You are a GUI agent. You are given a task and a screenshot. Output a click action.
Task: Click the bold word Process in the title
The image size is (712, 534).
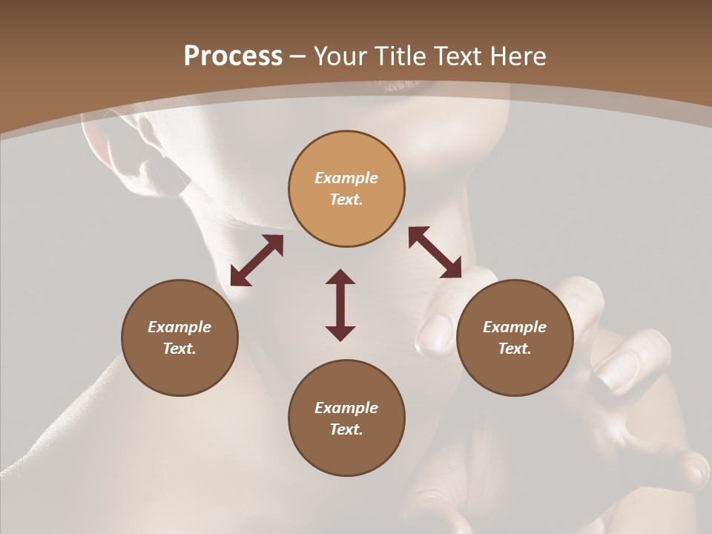(x=233, y=56)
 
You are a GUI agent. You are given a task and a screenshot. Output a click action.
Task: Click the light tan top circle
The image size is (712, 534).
(x=346, y=188)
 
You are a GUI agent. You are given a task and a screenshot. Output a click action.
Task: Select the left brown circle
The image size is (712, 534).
(x=179, y=337)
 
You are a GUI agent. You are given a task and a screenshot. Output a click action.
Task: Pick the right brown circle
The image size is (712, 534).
(x=515, y=337)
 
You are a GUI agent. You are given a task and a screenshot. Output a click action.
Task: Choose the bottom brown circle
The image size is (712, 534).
(x=346, y=418)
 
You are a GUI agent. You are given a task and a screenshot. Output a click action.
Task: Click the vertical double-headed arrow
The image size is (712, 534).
(x=340, y=305)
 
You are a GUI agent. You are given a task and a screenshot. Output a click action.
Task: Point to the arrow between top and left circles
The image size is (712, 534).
(x=257, y=260)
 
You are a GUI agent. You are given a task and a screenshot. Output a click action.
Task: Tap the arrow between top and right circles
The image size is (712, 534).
(x=435, y=252)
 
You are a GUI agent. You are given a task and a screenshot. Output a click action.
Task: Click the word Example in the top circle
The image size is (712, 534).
(x=346, y=178)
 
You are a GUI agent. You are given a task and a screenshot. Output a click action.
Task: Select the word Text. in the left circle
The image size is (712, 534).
(x=179, y=349)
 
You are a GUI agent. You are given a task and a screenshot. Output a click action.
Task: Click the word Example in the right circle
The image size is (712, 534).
(x=515, y=327)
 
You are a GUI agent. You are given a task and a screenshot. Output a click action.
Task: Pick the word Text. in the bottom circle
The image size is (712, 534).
(x=346, y=429)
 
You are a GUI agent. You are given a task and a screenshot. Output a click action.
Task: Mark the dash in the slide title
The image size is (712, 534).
(x=298, y=57)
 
